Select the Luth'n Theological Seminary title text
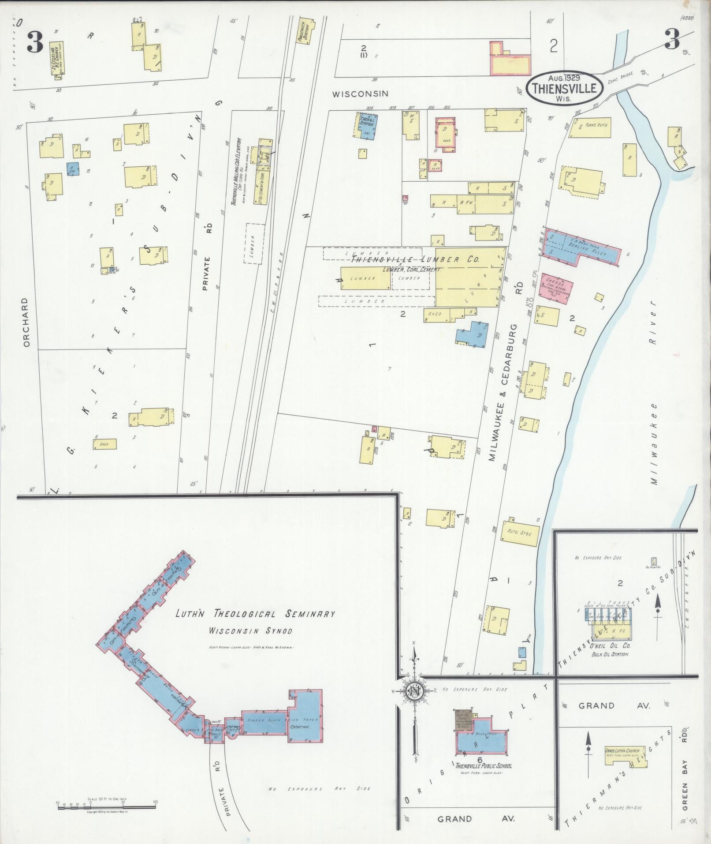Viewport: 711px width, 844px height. tap(255, 614)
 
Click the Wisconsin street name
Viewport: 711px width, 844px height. tap(360, 94)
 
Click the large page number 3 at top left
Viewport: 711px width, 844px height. tap(34, 42)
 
